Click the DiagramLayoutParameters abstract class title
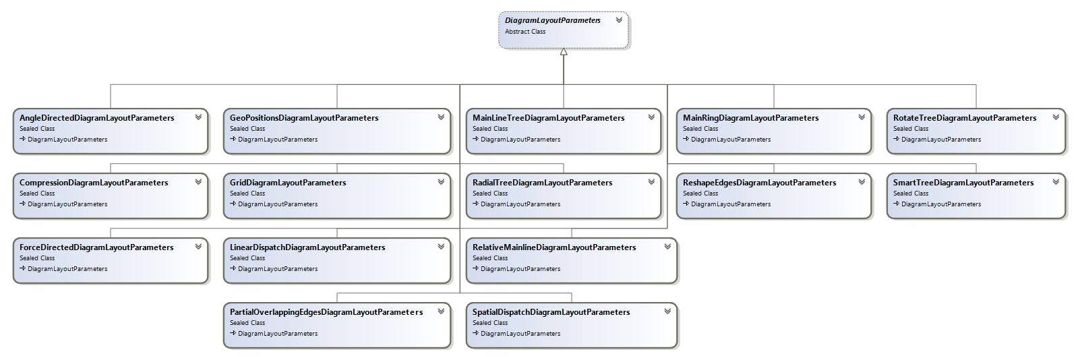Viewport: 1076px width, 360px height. click(x=552, y=20)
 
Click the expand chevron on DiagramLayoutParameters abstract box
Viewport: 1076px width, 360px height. click(x=619, y=20)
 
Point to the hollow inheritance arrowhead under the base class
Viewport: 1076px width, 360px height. click(x=564, y=52)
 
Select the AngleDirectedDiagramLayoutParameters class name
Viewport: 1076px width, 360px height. click(x=96, y=118)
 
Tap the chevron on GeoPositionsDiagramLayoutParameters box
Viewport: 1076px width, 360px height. click(x=441, y=117)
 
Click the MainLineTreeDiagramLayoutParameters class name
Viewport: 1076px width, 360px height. click(x=548, y=118)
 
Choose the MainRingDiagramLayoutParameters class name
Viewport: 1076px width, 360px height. click(x=750, y=118)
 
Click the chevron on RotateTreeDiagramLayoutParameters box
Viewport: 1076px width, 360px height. click(x=1056, y=117)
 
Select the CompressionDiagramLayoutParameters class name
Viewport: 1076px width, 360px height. click(x=94, y=183)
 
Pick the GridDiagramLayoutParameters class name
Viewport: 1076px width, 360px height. click(x=288, y=183)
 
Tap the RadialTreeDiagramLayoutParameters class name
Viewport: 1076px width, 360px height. click(x=542, y=183)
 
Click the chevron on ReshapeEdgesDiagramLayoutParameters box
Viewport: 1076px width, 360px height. click(x=862, y=182)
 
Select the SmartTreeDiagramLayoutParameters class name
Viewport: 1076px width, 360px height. click(x=963, y=183)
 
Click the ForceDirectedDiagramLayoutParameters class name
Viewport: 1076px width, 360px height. click(x=96, y=247)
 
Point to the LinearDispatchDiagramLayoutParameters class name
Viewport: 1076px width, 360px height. click(x=307, y=247)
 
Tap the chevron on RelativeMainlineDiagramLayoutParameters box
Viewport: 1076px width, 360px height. click(x=667, y=247)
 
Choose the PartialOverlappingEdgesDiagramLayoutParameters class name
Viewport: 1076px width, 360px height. click(x=326, y=312)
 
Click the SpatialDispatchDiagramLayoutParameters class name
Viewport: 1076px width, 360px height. click(x=551, y=312)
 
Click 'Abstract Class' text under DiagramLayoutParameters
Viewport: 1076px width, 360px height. click(x=525, y=32)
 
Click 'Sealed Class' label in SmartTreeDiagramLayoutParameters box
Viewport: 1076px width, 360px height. click(x=911, y=193)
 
